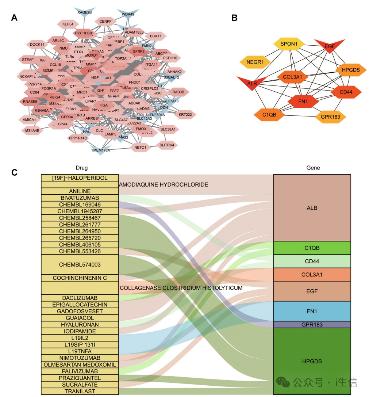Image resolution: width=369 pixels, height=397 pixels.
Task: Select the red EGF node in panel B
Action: (330, 46)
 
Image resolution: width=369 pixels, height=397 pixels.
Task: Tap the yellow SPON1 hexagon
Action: (289, 45)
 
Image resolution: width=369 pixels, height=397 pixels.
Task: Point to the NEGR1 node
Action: (255, 62)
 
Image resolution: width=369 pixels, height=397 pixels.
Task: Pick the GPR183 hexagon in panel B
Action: (331, 117)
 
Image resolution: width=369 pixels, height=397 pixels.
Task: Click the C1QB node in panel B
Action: (269, 115)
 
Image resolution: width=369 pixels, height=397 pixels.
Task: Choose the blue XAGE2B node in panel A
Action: (84, 12)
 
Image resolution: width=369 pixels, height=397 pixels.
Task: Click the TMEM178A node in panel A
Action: (100, 150)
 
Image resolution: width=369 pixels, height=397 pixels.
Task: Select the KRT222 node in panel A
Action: (185, 115)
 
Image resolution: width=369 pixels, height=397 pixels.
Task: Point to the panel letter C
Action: (15, 172)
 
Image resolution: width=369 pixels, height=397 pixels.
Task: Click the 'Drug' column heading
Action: (81, 168)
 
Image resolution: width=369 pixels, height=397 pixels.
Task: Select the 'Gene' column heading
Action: (313, 168)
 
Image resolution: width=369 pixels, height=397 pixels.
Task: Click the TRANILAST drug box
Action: (80, 391)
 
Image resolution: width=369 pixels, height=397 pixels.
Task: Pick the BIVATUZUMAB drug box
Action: (80, 198)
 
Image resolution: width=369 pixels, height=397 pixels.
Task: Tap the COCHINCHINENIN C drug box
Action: (80, 278)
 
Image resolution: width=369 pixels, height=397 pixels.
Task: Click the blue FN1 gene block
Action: (312, 311)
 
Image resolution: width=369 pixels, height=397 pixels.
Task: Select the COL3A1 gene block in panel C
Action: (312, 274)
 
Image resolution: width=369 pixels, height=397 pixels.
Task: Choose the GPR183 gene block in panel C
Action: (312, 324)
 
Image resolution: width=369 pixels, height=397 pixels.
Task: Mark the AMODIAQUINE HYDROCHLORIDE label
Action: (164, 184)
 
